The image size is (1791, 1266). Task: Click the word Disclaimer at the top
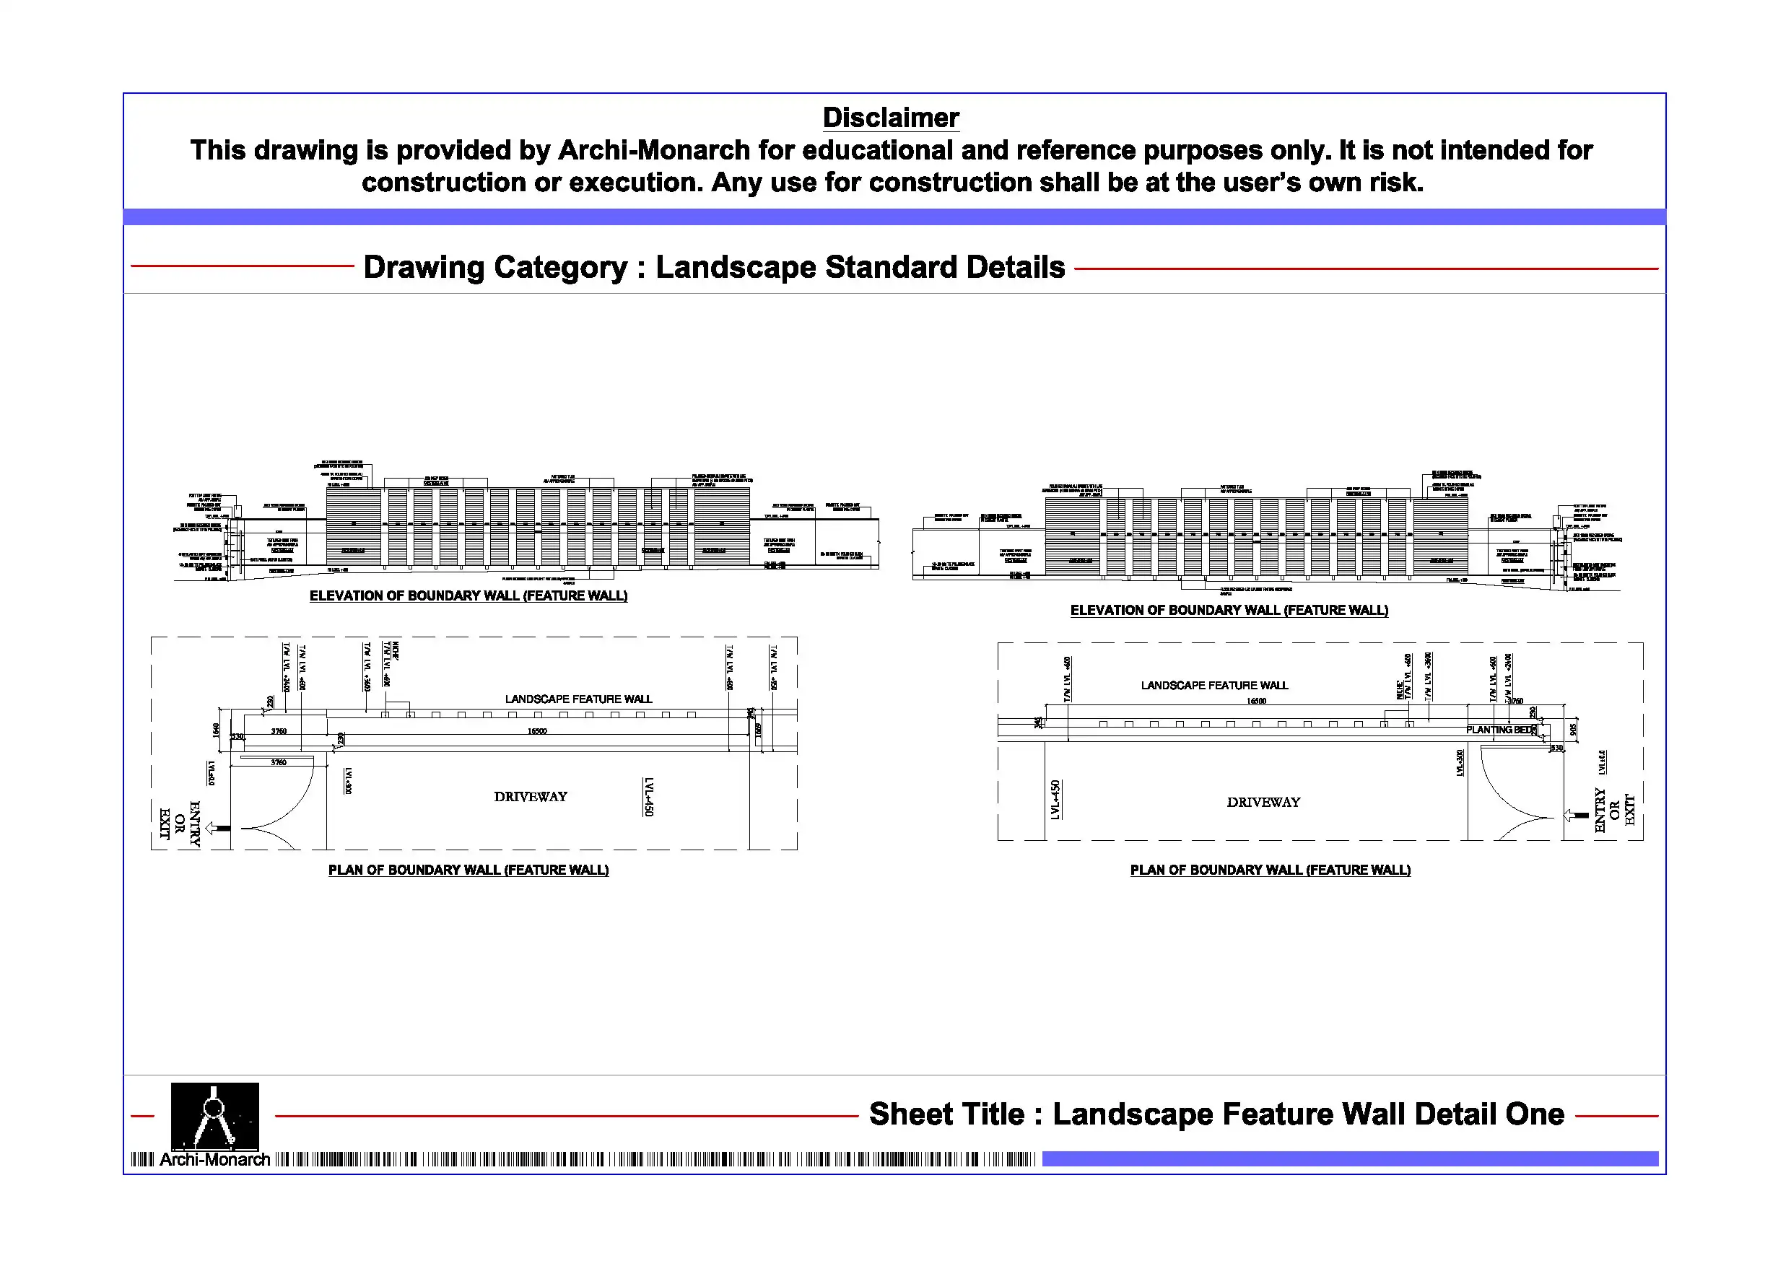[x=891, y=118]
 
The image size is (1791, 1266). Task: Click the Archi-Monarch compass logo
[x=214, y=1115]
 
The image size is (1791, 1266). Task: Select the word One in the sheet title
[x=1534, y=1114]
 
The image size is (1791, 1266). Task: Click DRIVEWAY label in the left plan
[x=531, y=796]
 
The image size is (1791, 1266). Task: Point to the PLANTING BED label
[x=1499, y=730]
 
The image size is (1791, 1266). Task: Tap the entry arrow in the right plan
[x=1577, y=815]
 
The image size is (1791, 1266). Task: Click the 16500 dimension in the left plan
[x=536, y=731]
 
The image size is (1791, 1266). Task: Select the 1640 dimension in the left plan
[x=216, y=729]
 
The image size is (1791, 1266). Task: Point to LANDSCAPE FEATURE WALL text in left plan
[x=578, y=699]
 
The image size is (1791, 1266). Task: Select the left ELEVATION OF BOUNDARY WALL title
[x=468, y=596]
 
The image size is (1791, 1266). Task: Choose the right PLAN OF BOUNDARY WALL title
[x=1270, y=870]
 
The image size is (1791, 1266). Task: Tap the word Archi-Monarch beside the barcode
[x=214, y=1160]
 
